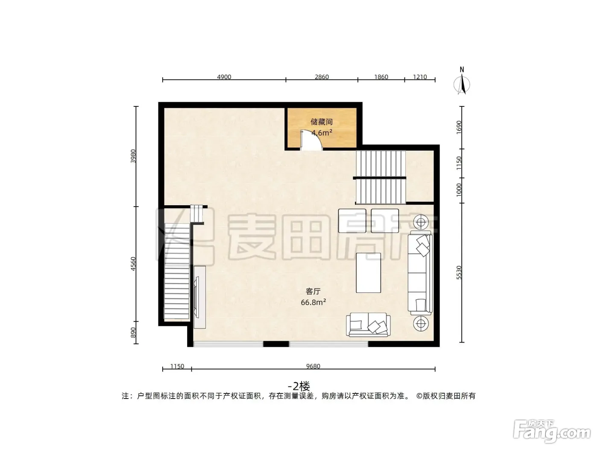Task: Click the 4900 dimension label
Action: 224,77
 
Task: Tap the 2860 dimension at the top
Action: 322,77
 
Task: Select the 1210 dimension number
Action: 420,77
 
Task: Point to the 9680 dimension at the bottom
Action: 313,366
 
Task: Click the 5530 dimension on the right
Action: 459,272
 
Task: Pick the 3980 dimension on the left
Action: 133,156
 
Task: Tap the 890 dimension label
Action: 133,332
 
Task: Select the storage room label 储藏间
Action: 322,121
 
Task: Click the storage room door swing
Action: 311,140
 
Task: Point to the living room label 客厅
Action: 313,292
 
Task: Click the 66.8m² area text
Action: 313,302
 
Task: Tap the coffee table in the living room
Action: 368,273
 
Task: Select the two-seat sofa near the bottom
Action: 368,325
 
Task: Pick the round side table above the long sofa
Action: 421,222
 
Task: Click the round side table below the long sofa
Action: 421,324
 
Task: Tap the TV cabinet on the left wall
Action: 200,297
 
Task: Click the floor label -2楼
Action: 299,386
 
